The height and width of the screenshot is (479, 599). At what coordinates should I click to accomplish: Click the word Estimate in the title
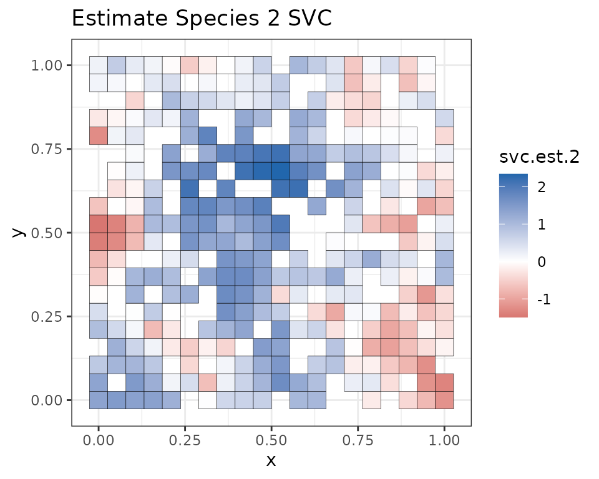click(x=117, y=19)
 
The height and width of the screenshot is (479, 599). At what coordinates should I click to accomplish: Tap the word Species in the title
click(x=215, y=19)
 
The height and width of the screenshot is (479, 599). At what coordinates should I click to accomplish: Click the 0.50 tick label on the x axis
click(x=271, y=440)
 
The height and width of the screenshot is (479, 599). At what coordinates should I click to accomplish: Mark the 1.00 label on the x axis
click(x=444, y=440)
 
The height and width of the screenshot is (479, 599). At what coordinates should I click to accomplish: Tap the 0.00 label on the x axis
click(x=98, y=440)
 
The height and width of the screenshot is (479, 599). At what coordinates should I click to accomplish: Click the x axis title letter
click(x=271, y=461)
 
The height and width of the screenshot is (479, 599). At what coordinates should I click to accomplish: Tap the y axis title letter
click(x=19, y=233)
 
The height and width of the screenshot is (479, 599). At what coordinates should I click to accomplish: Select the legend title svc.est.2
click(x=540, y=158)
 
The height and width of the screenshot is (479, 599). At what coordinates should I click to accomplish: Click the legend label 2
click(x=540, y=186)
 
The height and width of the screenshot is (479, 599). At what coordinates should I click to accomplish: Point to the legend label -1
click(x=542, y=300)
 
